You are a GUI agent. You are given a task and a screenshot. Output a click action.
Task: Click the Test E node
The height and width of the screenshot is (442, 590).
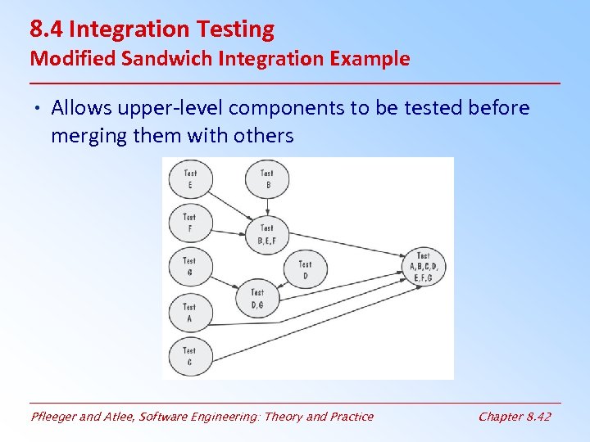click(x=189, y=178)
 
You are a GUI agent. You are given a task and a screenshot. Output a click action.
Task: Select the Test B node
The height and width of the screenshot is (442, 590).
click(x=267, y=178)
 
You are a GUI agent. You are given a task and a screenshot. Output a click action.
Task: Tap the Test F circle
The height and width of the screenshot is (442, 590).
click(x=189, y=223)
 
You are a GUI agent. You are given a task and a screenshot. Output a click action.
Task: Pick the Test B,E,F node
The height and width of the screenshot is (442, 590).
click(x=267, y=233)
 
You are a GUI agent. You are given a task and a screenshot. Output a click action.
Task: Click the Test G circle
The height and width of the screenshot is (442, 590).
click(x=189, y=267)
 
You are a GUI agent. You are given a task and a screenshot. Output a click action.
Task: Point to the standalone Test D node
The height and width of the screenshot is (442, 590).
click(x=305, y=269)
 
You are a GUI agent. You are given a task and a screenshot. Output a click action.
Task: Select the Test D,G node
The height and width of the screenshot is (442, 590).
click(x=257, y=298)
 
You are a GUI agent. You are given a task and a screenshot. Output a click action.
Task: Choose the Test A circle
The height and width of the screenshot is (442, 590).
click(x=189, y=312)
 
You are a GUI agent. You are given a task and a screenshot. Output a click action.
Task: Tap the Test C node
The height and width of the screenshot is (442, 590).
click(x=189, y=356)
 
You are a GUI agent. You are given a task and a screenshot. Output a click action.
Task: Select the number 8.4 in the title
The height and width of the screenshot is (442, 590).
click(x=48, y=29)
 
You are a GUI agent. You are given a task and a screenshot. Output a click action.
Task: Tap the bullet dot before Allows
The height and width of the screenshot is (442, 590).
click(x=39, y=109)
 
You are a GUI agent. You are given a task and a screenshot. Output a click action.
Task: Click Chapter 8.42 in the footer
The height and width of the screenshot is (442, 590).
click(x=514, y=417)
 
